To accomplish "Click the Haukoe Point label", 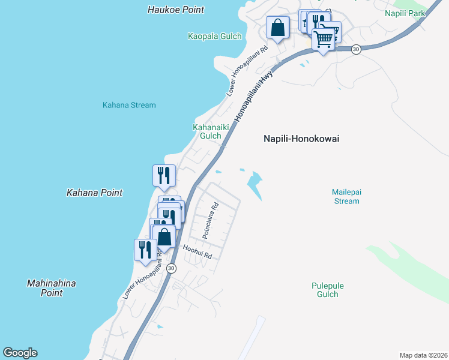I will click(175, 10).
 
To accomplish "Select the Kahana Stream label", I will click(129, 105).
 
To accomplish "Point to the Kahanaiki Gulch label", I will click(207, 131).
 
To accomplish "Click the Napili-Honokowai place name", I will click(301, 139).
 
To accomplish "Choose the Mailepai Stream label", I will click(346, 196).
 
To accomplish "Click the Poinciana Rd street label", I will click(210, 220).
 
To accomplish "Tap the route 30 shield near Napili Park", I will click(356, 49).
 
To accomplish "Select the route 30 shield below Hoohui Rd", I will click(172, 268).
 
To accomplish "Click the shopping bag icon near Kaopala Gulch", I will click(277, 28).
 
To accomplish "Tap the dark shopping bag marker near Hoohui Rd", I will click(164, 236).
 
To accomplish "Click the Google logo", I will click(20, 353).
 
